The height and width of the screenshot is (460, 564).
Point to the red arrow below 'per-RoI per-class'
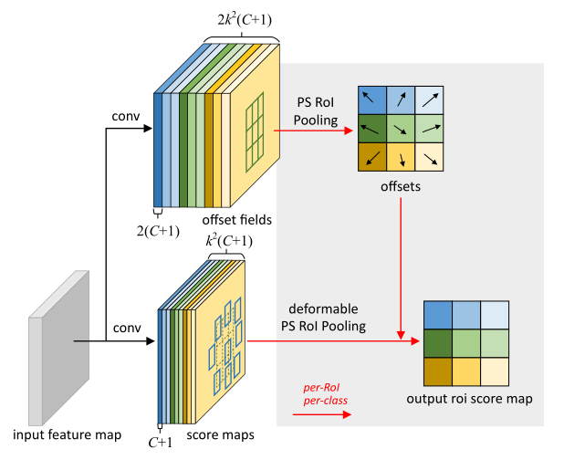(321, 414)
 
